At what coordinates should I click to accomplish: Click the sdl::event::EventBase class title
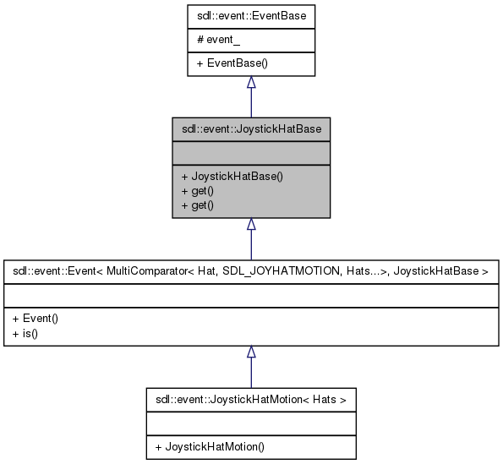click(x=251, y=15)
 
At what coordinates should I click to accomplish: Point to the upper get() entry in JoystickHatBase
click(x=191, y=191)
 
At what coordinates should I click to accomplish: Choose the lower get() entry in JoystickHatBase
click(x=191, y=205)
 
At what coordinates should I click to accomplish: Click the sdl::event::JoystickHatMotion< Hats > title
click(x=250, y=397)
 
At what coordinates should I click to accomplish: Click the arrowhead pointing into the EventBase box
click(x=251, y=83)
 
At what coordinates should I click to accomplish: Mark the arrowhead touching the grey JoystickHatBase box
click(x=251, y=225)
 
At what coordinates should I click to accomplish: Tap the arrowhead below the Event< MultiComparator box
click(x=251, y=352)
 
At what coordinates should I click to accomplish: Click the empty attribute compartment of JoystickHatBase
click(x=251, y=153)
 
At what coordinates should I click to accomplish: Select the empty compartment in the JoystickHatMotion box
click(x=250, y=422)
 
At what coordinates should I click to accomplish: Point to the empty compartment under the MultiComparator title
click(x=251, y=295)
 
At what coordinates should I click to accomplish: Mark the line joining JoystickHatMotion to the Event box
click(x=251, y=374)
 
